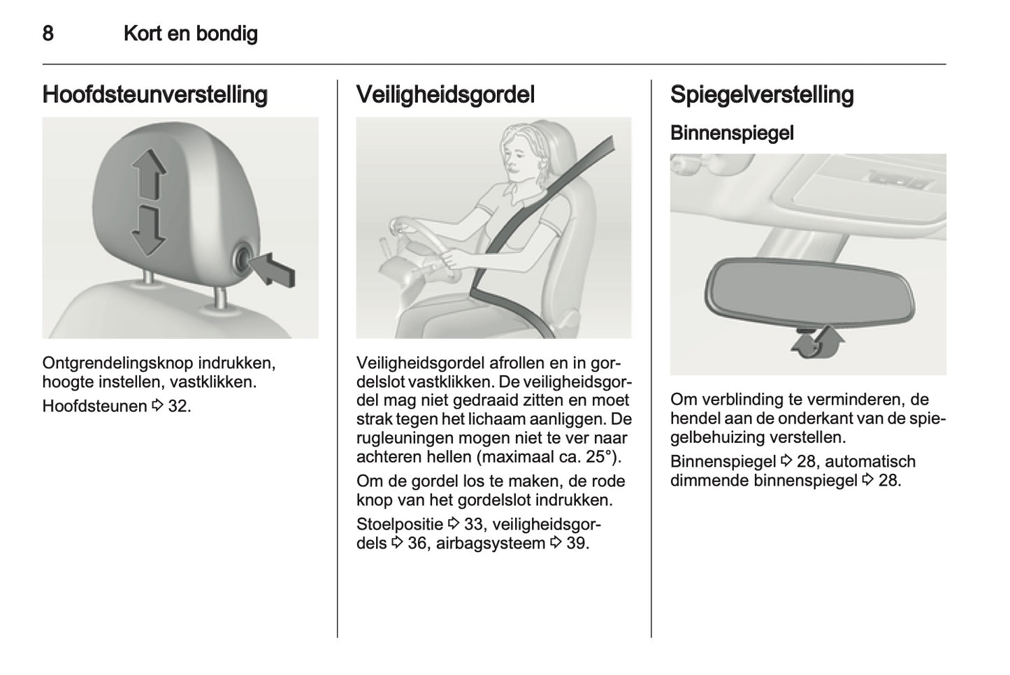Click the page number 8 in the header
click(48, 34)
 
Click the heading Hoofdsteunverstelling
click(154, 94)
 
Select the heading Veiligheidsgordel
click(445, 94)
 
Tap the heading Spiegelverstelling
click(761, 94)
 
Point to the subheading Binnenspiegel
click(731, 133)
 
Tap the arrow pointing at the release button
click(275, 270)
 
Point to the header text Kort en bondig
click(190, 34)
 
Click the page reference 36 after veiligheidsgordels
click(417, 544)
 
